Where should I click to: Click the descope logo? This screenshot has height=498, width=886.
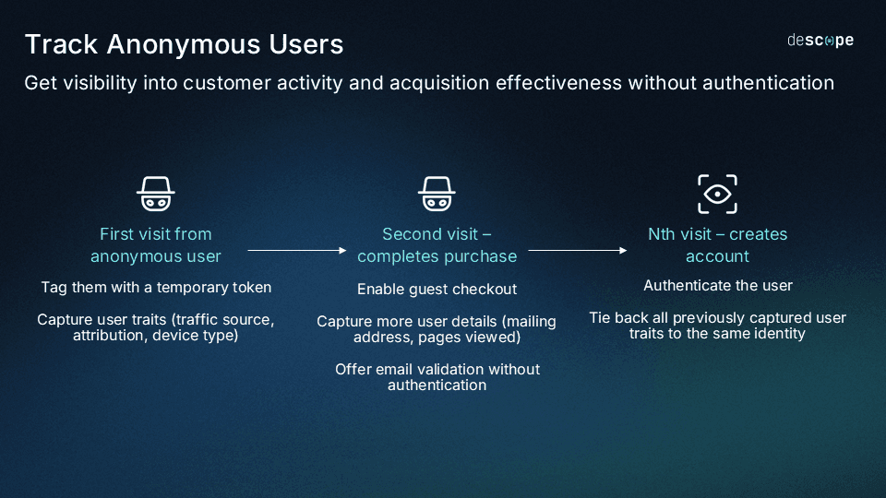820,41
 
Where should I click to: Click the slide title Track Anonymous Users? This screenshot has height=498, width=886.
184,44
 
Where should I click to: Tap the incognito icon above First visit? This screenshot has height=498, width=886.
156,194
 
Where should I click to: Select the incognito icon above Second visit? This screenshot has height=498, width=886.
437,194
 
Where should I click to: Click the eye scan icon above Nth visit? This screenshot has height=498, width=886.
717,194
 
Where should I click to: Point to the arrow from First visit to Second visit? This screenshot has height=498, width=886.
297,250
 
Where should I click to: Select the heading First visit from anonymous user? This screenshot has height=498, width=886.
156,245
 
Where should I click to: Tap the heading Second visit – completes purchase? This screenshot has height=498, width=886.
437,245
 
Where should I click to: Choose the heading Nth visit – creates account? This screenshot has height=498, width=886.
717,245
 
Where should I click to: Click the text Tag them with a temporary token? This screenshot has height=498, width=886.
156,288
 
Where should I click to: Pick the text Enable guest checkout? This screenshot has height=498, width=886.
437,290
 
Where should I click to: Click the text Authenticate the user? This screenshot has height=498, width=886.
717,286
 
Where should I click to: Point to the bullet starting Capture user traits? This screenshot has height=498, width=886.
156,327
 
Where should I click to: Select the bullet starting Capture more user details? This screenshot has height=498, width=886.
437,329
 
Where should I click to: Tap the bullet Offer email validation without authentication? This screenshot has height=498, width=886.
437,376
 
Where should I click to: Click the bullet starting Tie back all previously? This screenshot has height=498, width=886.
717,326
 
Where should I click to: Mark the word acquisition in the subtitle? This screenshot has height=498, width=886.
437,83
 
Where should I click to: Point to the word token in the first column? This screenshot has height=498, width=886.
250,288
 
